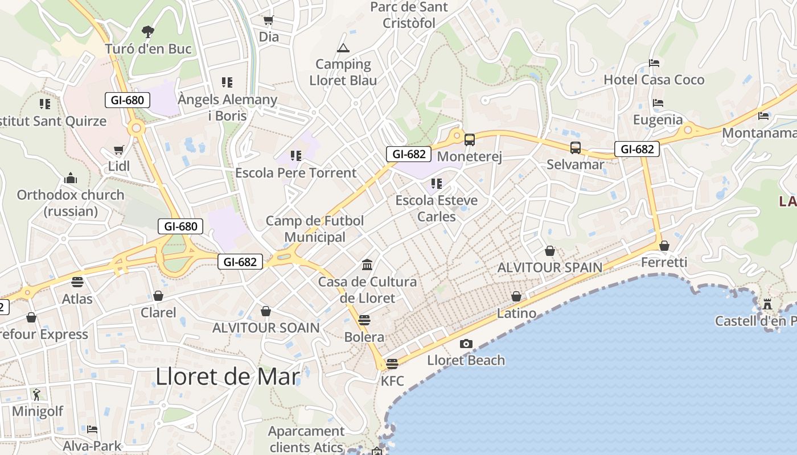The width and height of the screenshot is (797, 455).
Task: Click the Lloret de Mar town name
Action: [228, 377]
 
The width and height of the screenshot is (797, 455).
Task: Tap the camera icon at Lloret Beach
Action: [466, 344]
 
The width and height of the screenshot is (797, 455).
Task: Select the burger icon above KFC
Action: [392, 363]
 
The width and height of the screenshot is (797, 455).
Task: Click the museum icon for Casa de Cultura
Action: [367, 265]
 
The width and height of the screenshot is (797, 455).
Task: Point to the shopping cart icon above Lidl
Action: [118, 150]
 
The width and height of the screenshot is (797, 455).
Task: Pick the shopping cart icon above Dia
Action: [268, 20]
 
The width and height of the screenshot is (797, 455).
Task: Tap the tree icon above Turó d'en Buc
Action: [148, 31]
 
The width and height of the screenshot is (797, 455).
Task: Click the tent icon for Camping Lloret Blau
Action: [343, 48]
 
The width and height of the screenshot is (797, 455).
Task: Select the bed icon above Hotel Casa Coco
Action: [654, 63]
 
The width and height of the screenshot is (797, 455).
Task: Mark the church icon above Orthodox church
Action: [71, 178]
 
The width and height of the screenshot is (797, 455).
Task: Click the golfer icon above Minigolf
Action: [37, 394]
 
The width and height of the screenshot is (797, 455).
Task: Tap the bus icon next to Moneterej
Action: [470, 139]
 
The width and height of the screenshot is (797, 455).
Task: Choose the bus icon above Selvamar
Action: [576, 148]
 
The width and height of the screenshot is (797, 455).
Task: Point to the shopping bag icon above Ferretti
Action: [664, 246]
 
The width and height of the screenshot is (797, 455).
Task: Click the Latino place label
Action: [516, 313]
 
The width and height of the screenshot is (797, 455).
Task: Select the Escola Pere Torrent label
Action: [295, 173]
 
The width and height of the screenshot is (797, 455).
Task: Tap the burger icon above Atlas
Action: [77, 282]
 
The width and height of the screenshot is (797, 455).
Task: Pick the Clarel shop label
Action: [158, 312]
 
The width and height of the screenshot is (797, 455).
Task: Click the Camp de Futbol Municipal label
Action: [315, 229]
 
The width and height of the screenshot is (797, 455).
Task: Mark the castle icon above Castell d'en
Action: [767, 304]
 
